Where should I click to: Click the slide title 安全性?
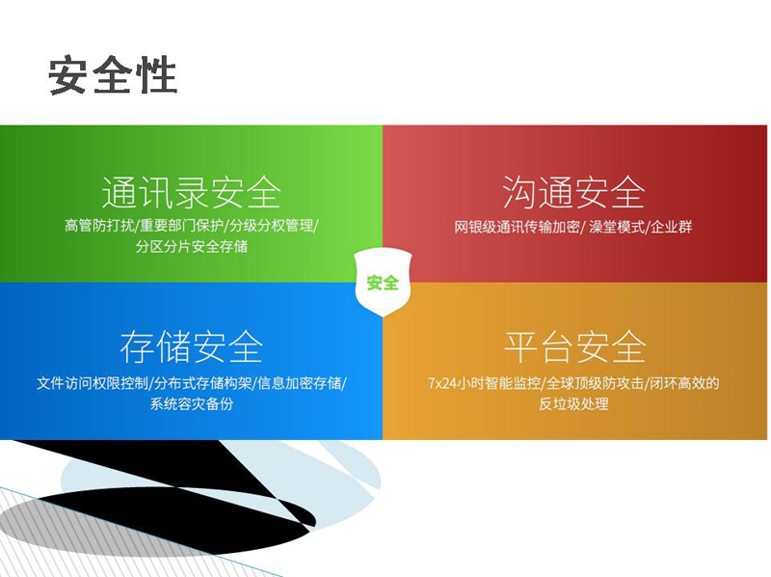pos(113,75)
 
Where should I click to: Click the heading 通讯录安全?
pos(191,193)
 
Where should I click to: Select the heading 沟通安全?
pos(573,193)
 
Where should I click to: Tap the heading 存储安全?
pos(191,347)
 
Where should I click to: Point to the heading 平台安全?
pos(574,347)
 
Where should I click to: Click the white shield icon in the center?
pos(383,282)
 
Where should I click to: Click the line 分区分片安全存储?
pos(191,246)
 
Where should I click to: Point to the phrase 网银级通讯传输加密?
pos(517,227)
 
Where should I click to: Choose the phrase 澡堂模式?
pos(617,227)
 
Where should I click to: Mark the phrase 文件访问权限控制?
pos(92,383)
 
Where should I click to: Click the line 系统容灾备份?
pos(191,403)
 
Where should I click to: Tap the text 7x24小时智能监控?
pos(484,383)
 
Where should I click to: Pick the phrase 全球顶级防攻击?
pos(595,383)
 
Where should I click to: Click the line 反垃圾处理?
pos(573,403)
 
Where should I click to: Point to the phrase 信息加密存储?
pos(300,383)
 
